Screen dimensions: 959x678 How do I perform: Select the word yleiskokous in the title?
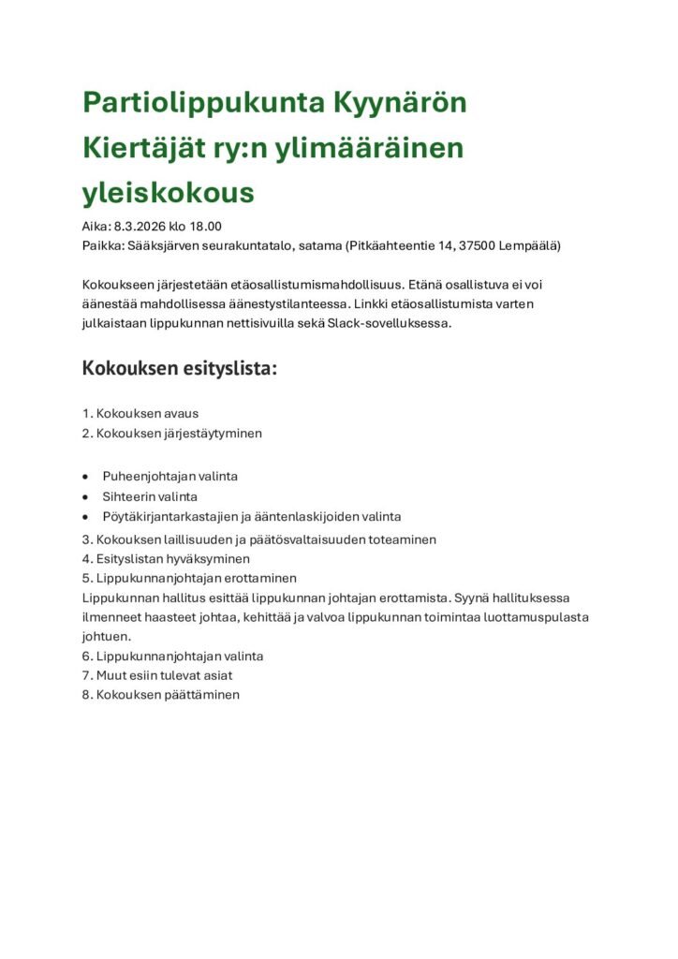pyautogui.click(x=169, y=192)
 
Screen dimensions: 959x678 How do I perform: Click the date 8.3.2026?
pyautogui.click(x=140, y=226)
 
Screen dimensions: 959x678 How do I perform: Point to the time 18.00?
pyautogui.click(x=206, y=226)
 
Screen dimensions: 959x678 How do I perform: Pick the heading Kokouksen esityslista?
pyautogui.click(x=180, y=368)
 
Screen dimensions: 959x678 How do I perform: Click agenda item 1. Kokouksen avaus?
pyautogui.click(x=140, y=413)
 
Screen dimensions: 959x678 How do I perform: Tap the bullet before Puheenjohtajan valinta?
pyautogui.click(x=86, y=477)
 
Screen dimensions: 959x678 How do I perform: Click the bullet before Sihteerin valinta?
pyautogui.click(x=86, y=497)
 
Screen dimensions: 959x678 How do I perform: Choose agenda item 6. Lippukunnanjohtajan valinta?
pyautogui.click(x=172, y=656)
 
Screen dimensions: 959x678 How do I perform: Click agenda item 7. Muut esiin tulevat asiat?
pyautogui.click(x=157, y=675)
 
